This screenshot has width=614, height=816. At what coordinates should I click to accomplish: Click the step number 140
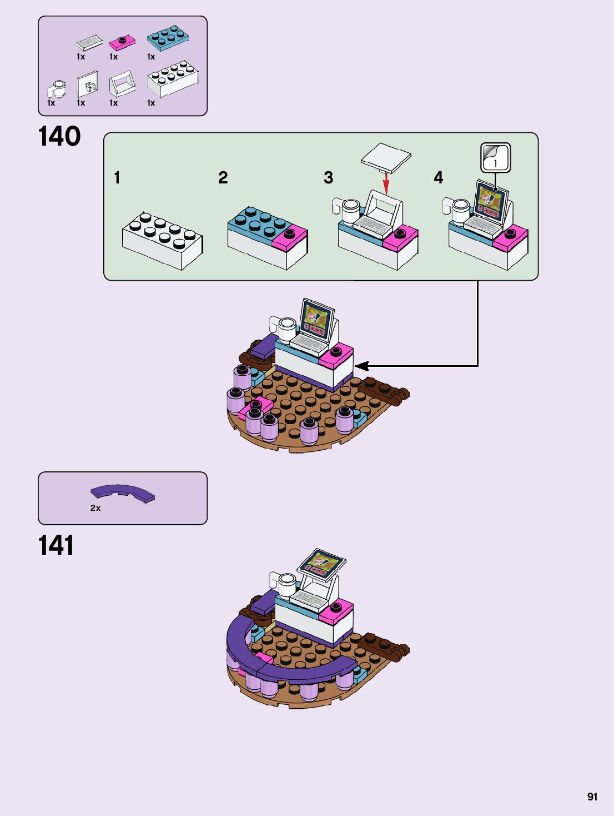coord(59,137)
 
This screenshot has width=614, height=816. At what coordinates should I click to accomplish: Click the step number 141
coord(56,546)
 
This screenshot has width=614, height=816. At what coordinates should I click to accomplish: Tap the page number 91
coord(592,797)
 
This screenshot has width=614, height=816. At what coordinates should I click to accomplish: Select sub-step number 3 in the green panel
coord(329,178)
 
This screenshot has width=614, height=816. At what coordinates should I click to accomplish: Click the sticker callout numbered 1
coord(495,158)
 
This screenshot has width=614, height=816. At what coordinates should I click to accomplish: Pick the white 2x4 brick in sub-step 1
coord(162,240)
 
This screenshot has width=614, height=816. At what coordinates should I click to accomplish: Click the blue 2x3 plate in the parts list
coord(168,37)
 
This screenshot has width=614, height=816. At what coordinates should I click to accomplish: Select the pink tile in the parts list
coord(122,42)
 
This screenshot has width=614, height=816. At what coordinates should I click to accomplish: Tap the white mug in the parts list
coord(57,89)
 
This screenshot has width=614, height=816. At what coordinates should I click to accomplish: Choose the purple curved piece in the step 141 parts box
coord(123,492)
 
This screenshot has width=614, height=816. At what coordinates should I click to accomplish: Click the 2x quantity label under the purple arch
coord(95,508)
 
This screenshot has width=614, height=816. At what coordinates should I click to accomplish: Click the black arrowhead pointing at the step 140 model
coord(361,366)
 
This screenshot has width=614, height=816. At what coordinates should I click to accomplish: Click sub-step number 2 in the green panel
coord(223,178)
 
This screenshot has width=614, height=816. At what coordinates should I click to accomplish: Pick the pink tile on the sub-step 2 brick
coord(290,236)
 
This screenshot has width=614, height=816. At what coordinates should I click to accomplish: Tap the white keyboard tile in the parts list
coord(89,42)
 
